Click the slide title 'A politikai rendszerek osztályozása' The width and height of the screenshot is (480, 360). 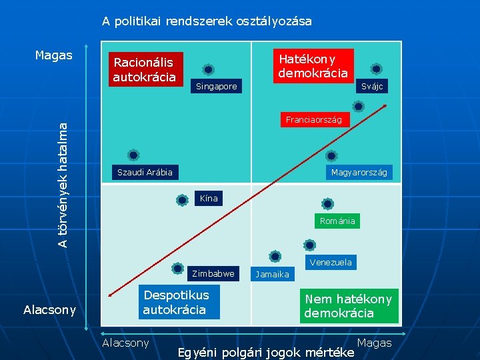tap(207, 21)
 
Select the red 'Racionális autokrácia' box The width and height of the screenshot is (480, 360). tap(144, 69)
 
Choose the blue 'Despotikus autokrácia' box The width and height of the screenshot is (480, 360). tap(177, 302)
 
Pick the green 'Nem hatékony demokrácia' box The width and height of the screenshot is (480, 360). tap(348, 306)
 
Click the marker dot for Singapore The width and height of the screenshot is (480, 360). tap(209, 69)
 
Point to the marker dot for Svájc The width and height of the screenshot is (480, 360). tap(376, 69)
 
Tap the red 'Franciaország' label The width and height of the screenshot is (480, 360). tap(313, 120)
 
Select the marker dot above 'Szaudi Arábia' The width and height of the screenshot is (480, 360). tap(133, 155)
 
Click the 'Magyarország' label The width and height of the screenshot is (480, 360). tap(359, 173)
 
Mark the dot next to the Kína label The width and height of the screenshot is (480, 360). tap(182, 199)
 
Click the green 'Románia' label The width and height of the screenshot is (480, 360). tap(337, 221)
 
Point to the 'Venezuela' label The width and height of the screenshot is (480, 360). tap(331, 262)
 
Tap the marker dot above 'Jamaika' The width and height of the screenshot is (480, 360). tap(275, 256)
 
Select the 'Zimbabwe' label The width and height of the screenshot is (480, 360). tap(213, 273)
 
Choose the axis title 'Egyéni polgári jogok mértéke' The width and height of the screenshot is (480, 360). tap(265, 352)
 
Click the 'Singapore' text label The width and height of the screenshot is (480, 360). tap(216, 87)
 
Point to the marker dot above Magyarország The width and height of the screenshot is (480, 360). tap(331, 156)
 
